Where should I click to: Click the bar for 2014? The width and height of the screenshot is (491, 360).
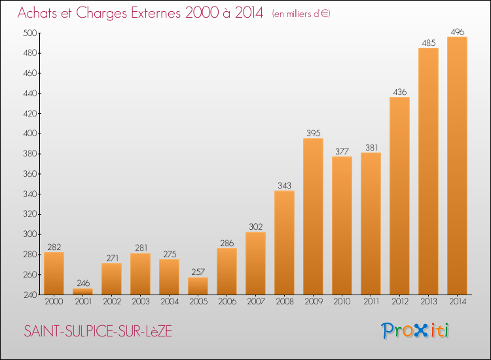click(x=457, y=166)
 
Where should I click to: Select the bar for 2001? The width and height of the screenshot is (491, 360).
click(x=82, y=291)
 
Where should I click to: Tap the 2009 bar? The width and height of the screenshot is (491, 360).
click(x=313, y=216)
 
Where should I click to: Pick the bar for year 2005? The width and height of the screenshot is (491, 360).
click(x=198, y=286)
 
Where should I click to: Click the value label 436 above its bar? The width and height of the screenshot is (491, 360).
click(x=400, y=92)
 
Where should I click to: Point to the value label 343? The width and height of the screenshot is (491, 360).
click(x=284, y=186)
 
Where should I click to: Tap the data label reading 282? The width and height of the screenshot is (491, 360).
click(x=54, y=247)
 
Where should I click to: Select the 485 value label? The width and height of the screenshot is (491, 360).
click(x=429, y=43)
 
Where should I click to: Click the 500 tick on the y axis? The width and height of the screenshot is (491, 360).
click(x=30, y=33)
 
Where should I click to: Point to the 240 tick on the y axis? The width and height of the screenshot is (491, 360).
click(x=30, y=295)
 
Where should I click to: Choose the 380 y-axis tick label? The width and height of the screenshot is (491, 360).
click(x=30, y=154)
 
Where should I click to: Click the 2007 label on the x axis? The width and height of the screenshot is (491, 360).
click(x=256, y=302)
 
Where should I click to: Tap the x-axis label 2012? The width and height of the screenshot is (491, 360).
click(x=400, y=302)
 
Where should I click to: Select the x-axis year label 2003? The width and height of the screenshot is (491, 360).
click(x=141, y=302)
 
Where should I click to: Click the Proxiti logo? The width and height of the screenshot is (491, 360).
click(x=415, y=331)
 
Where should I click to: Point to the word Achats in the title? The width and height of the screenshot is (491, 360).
click(x=37, y=13)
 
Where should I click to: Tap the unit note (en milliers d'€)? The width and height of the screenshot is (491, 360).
click(x=301, y=14)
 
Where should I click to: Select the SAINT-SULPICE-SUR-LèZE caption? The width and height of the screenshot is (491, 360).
click(x=98, y=331)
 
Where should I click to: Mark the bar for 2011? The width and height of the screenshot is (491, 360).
click(x=371, y=223)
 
